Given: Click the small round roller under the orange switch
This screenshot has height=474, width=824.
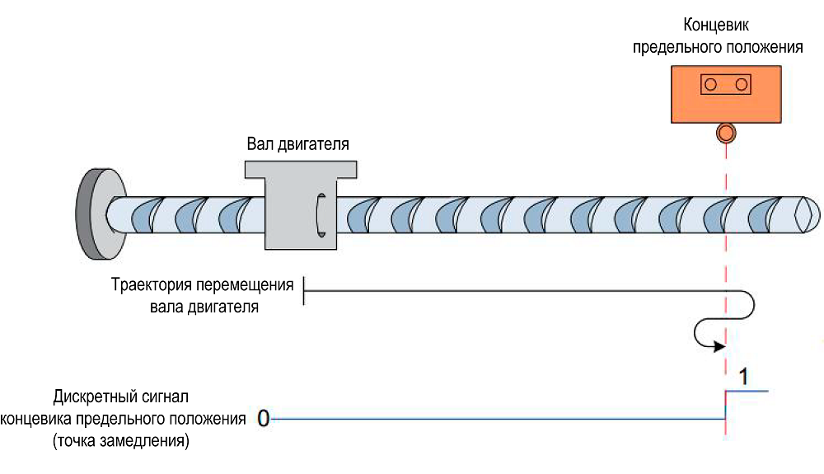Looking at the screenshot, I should click(726, 132).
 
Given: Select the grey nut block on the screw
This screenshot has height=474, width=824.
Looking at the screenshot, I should click(301, 206).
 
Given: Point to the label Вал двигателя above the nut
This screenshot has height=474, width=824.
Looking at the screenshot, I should click(298, 144).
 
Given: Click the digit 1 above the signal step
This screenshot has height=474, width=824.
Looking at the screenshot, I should click(742, 378).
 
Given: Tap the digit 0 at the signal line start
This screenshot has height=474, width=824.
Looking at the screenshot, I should click(263, 419).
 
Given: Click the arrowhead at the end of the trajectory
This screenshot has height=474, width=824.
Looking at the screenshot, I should click(714, 345).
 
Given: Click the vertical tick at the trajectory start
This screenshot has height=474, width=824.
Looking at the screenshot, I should click(304, 289).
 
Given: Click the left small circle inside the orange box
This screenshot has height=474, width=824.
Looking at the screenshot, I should click(709, 84).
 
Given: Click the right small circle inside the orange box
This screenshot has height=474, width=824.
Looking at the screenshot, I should click(741, 84).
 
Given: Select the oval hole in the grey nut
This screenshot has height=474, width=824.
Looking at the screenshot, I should click(321, 214).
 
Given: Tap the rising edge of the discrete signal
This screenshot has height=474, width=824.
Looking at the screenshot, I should click(725, 405).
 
